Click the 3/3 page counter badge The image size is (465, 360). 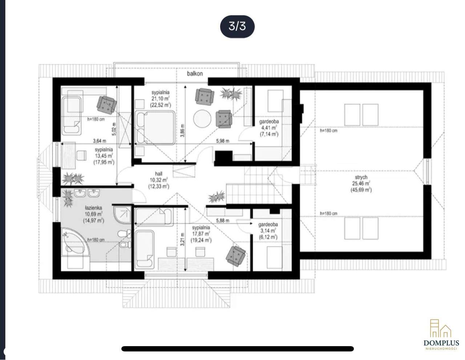coord(237,27)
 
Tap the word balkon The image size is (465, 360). coord(195,74)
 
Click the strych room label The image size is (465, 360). coord(361,177)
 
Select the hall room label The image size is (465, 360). coord(158,174)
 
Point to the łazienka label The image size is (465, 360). coord(93,208)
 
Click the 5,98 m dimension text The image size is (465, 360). coord(223,141)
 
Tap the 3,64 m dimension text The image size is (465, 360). coord(100,141)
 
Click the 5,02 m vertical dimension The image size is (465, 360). coord(114,129)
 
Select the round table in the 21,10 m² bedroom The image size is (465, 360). coord(202,119)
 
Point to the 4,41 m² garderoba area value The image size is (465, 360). coord(269,128)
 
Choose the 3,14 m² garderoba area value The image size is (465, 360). coord(268,231)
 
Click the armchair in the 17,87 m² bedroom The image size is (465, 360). coord(236,256)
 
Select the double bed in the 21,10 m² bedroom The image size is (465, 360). coord(155,128)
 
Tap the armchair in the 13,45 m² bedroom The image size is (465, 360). coord(106,104)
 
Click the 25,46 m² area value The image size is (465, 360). coord(361,183)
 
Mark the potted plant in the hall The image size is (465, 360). coord(217,197)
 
